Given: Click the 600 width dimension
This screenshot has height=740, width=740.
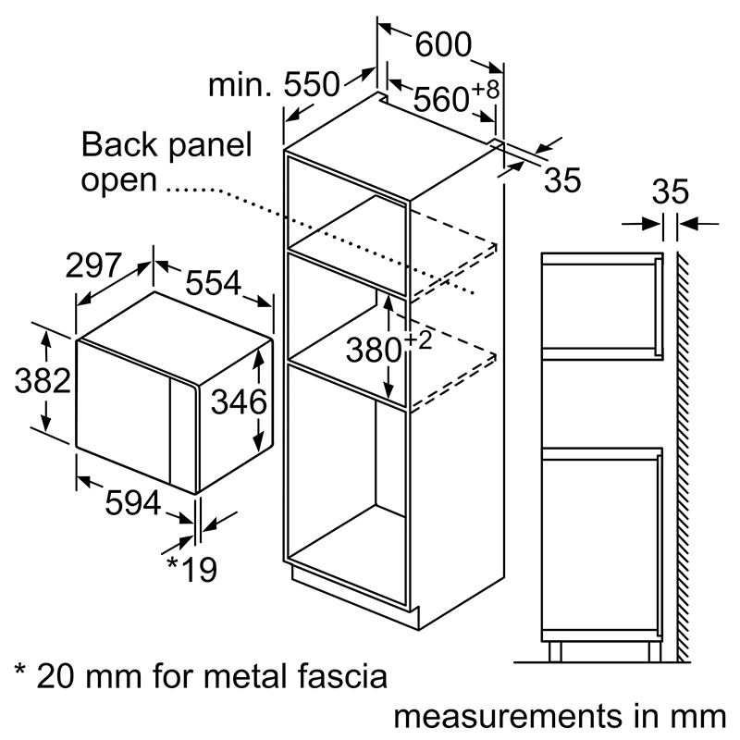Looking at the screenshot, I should (x=441, y=43).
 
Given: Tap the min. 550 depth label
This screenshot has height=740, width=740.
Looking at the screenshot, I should (x=274, y=86).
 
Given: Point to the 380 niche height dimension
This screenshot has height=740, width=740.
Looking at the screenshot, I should (x=374, y=350).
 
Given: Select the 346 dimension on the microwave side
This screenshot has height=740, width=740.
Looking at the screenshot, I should (x=238, y=402).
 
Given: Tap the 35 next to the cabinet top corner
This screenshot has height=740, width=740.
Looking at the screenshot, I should (x=561, y=180).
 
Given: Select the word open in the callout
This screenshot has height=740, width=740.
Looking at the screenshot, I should (x=118, y=179).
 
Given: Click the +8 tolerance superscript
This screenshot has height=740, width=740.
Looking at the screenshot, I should (x=487, y=90).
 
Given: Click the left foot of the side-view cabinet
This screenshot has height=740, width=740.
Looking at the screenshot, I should (x=555, y=651).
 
